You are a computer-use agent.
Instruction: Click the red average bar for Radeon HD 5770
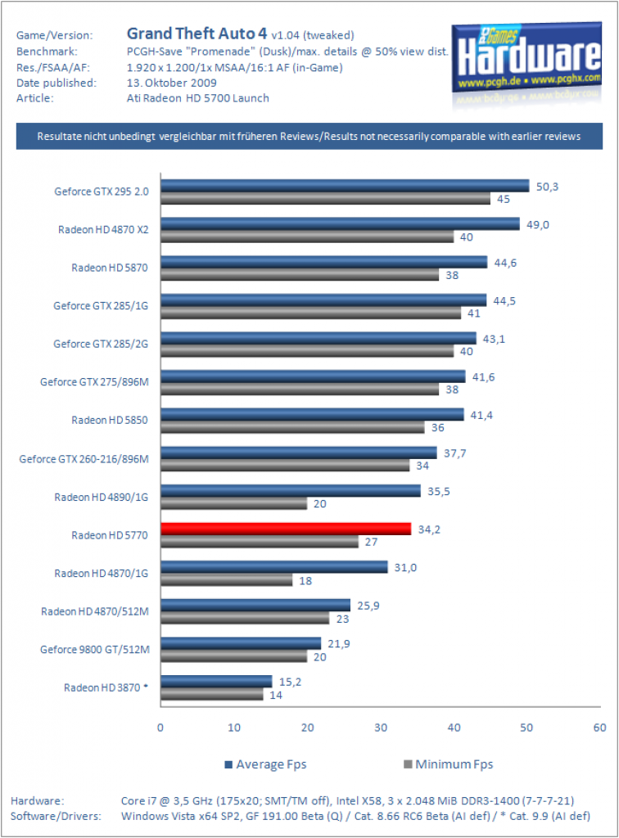click(286, 529)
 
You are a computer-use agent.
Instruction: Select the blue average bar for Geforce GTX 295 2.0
click(345, 186)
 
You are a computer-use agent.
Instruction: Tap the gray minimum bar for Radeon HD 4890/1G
click(234, 503)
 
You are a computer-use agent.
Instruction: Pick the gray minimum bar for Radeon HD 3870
click(212, 694)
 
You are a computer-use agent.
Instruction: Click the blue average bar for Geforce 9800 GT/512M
click(241, 643)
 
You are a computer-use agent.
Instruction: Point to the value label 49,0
click(538, 225)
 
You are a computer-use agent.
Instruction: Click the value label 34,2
click(429, 529)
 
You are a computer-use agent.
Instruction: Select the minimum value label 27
click(372, 542)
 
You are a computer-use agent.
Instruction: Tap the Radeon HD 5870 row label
click(110, 268)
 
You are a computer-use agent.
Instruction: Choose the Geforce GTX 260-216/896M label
click(84, 459)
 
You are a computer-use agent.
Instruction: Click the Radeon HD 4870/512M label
click(95, 611)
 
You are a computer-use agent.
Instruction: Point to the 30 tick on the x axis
click(381, 728)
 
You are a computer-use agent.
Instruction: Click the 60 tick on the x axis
click(599, 728)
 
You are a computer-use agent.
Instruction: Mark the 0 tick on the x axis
click(160, 728)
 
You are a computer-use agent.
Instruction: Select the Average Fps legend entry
click(265, 764)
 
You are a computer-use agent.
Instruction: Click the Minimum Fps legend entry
click(449, 764)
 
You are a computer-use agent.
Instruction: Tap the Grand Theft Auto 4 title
click(197, 34)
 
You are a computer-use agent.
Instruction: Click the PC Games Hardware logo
click(527, 63)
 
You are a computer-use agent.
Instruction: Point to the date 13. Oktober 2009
click(172, 83)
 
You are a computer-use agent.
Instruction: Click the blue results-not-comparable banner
click(309, 137)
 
